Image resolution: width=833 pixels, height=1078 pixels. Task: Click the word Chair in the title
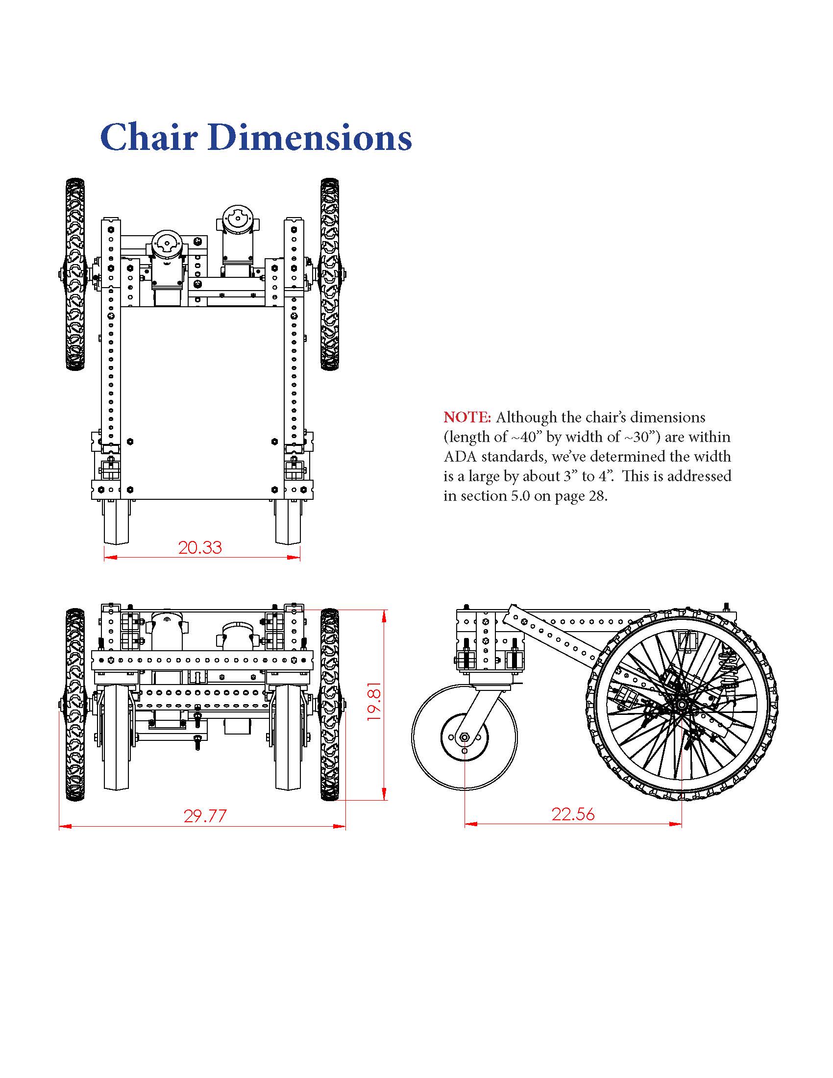(148, 138)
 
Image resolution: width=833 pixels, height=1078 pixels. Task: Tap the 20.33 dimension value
(200, 547)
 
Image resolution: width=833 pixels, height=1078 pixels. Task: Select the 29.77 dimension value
(205, 816)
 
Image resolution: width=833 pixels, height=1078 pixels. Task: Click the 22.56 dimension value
(573, 814)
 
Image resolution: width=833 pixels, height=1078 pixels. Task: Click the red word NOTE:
(467, 417)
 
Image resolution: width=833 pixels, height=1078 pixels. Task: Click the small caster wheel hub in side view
(465, 737)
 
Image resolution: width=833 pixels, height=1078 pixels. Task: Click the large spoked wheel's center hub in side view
(682, 702)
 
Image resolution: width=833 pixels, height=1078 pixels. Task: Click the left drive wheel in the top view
(75, 274)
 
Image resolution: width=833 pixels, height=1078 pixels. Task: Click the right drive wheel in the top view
(329, 274)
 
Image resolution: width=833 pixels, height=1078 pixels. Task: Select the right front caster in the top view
(288, 522)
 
